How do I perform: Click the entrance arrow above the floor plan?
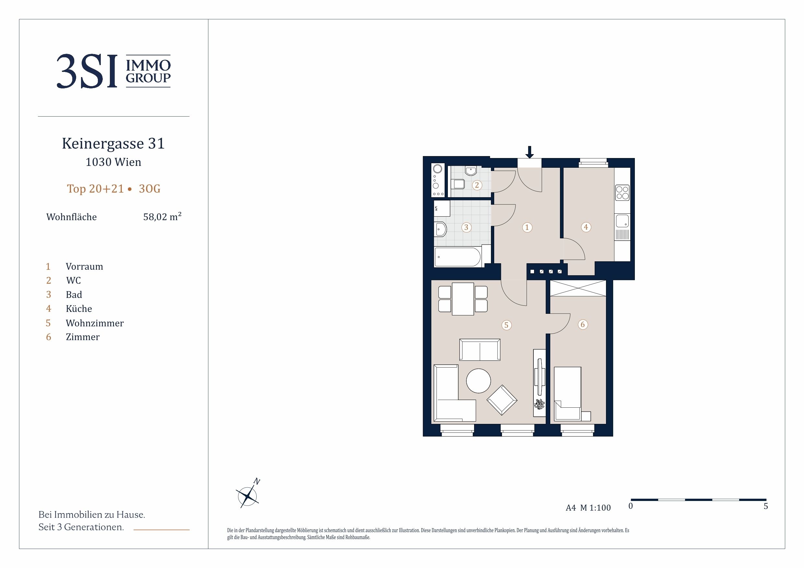(530, 152)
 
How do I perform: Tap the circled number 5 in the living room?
(507, 325)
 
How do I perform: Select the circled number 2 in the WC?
(477, 185)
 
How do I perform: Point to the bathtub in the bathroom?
(458, 257)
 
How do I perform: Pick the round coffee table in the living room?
(478, 381)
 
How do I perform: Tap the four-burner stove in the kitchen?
(622, 193)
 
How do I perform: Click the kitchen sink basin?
(622, 221)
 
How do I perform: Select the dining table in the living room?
(463, 299)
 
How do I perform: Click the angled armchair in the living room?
(502, 400)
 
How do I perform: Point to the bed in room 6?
(568, 393)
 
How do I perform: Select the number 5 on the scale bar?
(765, 506)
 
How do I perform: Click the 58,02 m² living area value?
(162, 217)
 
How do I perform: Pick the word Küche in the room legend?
(79, 309)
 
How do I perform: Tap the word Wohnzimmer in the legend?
(95, 323)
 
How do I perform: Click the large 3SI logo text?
(87, 71)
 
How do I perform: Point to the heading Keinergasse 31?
(113, 143)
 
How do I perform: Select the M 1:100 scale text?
(595, 508)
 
